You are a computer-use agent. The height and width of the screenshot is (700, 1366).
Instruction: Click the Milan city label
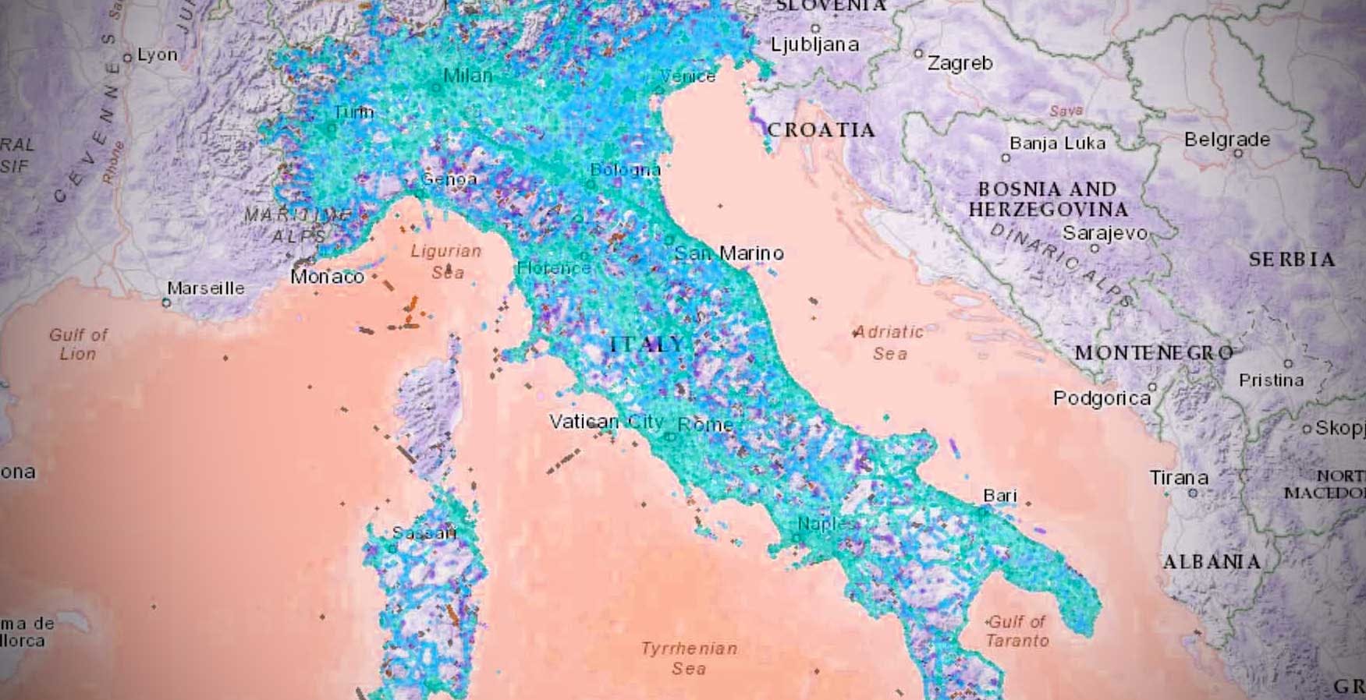tap(467, 76)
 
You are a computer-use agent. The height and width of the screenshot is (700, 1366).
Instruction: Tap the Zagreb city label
tap(960, 63)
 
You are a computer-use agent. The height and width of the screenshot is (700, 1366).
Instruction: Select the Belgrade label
tap(1226, 140)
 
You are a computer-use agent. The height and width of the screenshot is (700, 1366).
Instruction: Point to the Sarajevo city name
tap(1105, 233)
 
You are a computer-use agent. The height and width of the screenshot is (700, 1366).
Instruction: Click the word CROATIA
tap(821, 130)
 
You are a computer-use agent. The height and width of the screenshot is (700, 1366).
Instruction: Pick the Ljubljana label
tap(814, 44)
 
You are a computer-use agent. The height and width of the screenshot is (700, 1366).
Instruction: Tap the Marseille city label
tap(206, 288)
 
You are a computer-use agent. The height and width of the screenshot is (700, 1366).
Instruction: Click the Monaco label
tap(327, 277)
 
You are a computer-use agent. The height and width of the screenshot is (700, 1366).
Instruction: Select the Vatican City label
tap(606, 422)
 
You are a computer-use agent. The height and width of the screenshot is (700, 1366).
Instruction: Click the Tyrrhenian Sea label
tap(689, 658)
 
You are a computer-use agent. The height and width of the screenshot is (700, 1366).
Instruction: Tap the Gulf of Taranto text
tap(1017, 631)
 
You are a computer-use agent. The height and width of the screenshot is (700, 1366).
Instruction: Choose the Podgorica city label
tap(1102, 398)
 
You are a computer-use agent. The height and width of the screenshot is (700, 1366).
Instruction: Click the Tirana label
tap(1178, 477)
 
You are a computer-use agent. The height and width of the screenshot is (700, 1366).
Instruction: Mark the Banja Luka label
tap(1057, 143)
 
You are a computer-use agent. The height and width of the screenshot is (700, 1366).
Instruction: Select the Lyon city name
tap(157, 55)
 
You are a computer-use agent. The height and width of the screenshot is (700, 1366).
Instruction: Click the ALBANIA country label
tap(1212, 562)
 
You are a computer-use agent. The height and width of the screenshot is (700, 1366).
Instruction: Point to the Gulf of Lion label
tap(78, 344)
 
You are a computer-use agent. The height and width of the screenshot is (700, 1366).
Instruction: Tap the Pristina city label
tap(1271, 380)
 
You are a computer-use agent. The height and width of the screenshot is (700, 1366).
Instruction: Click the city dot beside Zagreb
tap(919, 54)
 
